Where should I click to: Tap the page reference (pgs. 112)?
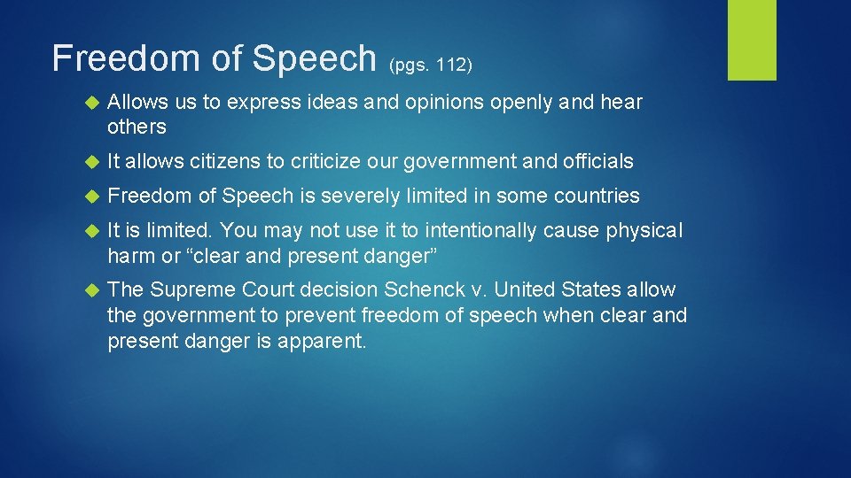(431, 65)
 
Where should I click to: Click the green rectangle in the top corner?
(752, 40)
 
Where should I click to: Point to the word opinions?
(443, 103)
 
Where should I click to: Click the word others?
(137, 127)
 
